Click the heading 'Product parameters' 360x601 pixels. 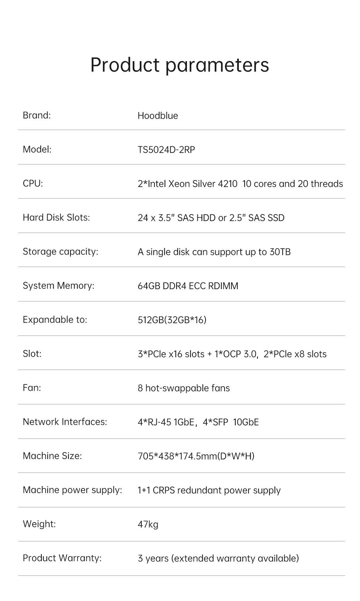click(x=180, y=65)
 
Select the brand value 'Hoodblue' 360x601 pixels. click(x=158, y=116)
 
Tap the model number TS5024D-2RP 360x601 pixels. click(x=166, y=150)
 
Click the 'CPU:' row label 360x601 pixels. click(x=33, y=183)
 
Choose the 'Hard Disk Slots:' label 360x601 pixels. click(x=57, y=217)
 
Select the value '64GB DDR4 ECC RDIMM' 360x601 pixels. click(x=188, y=286)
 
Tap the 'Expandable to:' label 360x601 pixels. click(x=55, y=320)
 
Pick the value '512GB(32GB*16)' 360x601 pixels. click(x=172, y=320)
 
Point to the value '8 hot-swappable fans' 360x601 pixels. click(x=184, y=388)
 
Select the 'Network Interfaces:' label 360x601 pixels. click(x=65, y=422)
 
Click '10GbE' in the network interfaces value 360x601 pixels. click(x=246, y=422)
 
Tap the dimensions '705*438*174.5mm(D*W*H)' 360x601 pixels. click(x=196, y=456)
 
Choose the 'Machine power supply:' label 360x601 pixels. click(x=72, y=490)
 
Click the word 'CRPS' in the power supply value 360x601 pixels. click(x=164, y=490)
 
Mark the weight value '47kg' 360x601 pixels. click(x=148, y=524)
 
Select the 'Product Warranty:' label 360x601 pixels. click(x=62, y=558)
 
